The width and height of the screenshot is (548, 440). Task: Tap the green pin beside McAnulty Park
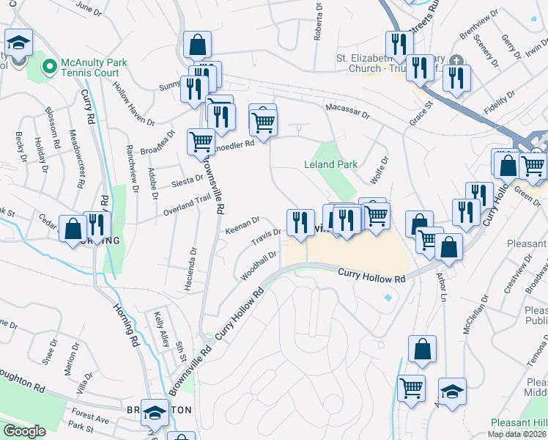pyautogui.click(x=50, y=67)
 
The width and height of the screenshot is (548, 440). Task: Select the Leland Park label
pyautogui.click(x=331, y=165)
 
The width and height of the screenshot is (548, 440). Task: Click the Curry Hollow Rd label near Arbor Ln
pyautogui.click(x=371, y=276)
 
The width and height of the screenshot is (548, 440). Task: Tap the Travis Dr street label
pyautogui.click(x=267, y=237)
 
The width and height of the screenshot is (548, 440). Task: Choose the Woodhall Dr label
pyautogui.click(x=259, y=266)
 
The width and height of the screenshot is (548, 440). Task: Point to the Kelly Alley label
pyautogui.click(x=161, y=329)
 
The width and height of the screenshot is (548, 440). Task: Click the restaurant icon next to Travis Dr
pyautogui.click(x=300, y=221)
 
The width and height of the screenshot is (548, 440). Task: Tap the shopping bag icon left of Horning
pyautogui.click(x=73, y=228)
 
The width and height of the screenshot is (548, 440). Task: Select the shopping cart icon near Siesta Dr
pyautogui.click(x=201, y=142)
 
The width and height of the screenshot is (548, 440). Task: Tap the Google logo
pyautogui.click(x=24, y=431)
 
